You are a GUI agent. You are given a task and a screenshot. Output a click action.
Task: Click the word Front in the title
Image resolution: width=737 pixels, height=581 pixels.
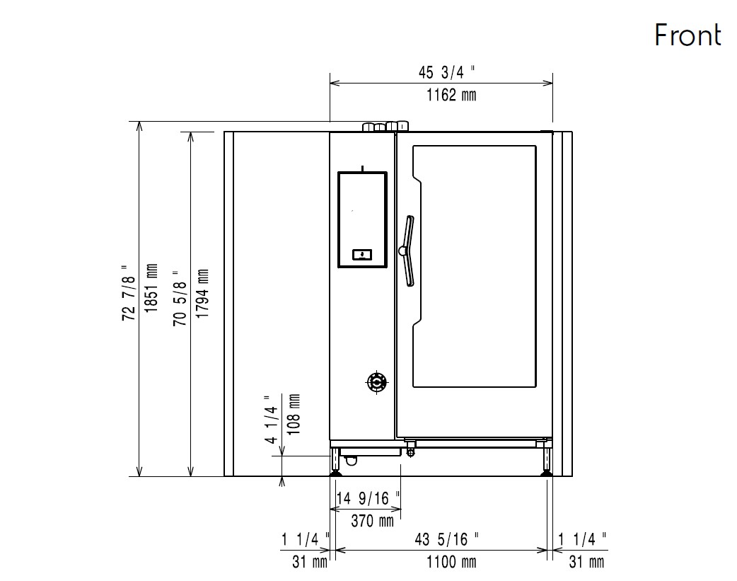click(687, 35)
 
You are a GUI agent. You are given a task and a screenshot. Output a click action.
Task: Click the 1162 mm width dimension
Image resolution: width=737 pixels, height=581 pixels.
click(451, 95)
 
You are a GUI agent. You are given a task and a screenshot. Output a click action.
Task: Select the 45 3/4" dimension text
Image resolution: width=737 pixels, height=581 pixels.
click(446, 72)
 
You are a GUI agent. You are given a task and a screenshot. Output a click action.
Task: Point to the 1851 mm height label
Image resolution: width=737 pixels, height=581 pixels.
click(151, 289)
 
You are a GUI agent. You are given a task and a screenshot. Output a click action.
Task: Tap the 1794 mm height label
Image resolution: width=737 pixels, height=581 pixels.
click(202, 294)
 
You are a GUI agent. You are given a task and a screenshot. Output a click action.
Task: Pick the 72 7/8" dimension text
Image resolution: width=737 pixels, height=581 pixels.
click(129, 292)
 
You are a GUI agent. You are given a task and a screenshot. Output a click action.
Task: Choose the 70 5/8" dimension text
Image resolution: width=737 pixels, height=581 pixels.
click(180, 298)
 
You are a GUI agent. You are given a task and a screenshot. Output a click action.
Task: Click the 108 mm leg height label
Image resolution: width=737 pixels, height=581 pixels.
click(294, 415)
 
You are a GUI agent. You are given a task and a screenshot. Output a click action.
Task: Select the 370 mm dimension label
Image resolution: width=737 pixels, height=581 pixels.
click(372, 521)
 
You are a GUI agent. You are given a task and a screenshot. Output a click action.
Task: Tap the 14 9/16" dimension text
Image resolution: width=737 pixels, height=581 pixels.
click(368, 497)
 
